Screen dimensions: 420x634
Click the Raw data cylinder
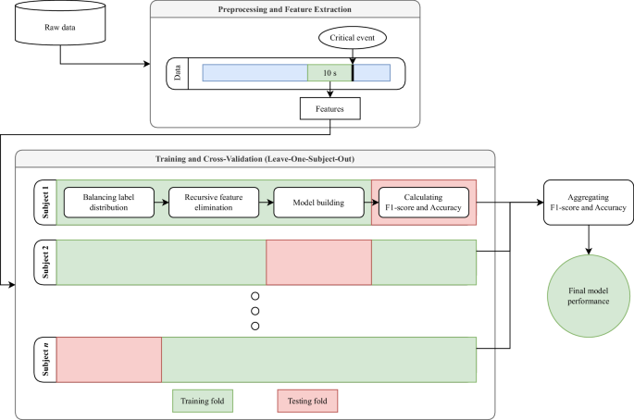coord(60,27)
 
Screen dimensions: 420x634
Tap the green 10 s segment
coord(329,73)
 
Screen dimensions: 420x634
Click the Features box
coord(329,110)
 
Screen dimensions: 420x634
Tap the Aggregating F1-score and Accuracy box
coord(585,202)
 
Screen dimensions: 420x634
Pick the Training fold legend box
coord(203,400)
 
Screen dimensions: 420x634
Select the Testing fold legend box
coord(307,400)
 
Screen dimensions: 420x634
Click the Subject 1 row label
coord(44,201)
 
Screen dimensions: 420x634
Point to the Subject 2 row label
coord(44,264)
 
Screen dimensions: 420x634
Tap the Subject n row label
coord(44,359)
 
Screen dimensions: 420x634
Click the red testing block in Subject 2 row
coord(318,264)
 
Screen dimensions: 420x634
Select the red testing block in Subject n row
coord(109,359)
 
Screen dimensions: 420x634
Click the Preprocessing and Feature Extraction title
coord(285,12)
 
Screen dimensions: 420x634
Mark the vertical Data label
coord(178,73)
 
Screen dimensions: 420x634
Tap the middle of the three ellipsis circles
coord(255,311)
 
